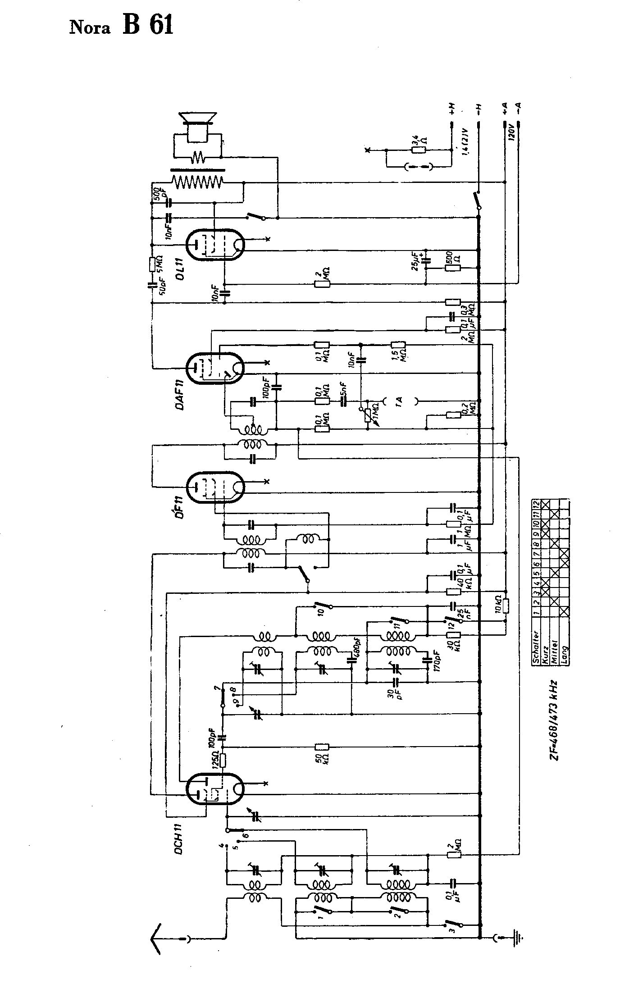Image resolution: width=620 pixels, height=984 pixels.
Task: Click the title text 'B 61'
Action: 147,26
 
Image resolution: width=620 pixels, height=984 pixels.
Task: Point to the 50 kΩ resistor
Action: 322,747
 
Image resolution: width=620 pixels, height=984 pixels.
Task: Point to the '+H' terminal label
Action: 451,108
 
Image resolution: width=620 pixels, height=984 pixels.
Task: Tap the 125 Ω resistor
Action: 222,761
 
